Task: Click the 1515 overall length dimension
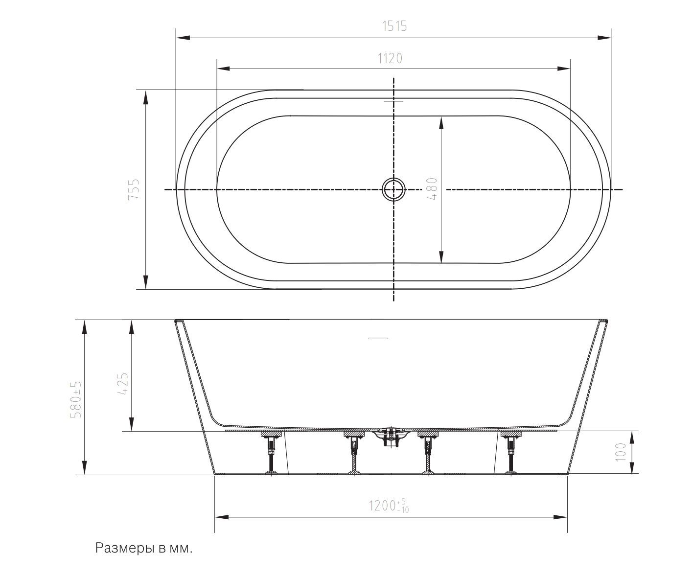pos(394,26)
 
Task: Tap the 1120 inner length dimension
pos(390,58)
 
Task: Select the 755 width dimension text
pos(134,189)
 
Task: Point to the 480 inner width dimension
pos(433,188)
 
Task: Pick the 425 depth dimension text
pos(123,384)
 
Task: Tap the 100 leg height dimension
pos(620,452)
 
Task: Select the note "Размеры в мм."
pos(144,548)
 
